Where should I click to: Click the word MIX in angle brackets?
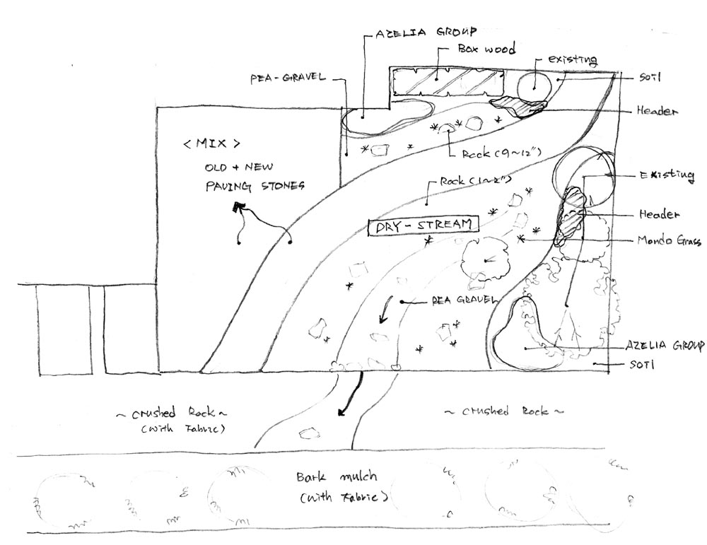tap(211, 143)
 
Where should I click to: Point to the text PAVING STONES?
tap(245, 187)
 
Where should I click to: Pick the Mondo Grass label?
tap(668, 241)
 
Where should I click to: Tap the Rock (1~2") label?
tap(468, 182)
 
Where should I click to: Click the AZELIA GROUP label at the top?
tap(426, 33)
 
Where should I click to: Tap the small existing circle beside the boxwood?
tap(534, 87)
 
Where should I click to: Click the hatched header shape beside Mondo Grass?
tap(573, 214)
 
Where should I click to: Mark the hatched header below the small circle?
tap(520, 106)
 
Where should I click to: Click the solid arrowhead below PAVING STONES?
tap(237, 207)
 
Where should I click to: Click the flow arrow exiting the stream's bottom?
tap(351, 399)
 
